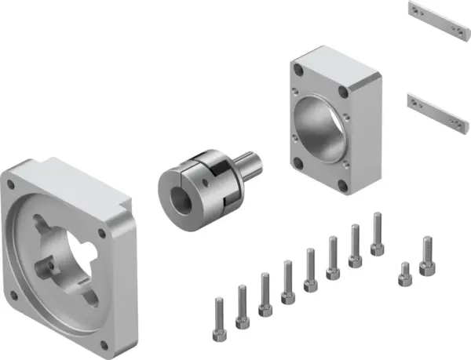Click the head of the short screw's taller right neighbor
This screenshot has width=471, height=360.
[426, 242]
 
